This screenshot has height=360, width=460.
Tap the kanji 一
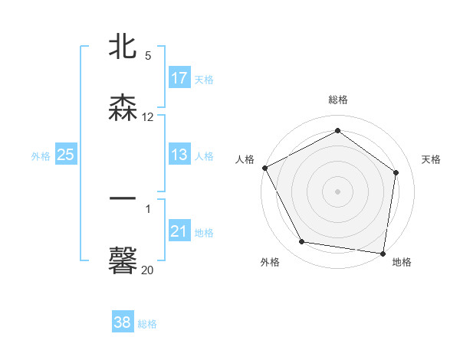(123, 198)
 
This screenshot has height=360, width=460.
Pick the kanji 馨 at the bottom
(123, 261)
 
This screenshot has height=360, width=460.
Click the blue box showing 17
(179, 78)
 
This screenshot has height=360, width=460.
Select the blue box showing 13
(179, 155)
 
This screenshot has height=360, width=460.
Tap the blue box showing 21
(179, 231)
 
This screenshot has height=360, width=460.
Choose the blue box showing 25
(66, 155)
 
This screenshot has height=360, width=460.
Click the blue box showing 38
(123, 323)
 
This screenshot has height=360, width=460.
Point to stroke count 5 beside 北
(148, 56)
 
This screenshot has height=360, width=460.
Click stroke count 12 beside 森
(148, 117)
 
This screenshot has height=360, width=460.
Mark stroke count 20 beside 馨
(148, 270)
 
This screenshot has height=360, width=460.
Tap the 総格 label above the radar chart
(338, 100)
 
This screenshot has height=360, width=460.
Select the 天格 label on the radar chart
(432, 159)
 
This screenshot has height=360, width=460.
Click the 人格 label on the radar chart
(245, 159)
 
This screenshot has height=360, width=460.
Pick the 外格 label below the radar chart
(270, 263)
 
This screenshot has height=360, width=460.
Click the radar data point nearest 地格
(383, 253)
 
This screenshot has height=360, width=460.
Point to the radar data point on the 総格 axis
(337, 131)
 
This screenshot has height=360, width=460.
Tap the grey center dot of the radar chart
(337, 191)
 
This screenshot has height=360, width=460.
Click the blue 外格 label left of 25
(41, 155)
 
